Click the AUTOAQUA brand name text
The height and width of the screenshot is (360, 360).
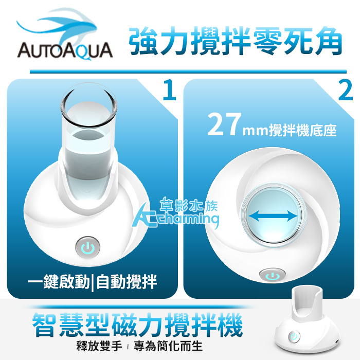65,50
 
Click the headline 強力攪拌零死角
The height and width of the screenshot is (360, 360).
235,41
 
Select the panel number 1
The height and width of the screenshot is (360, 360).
169,90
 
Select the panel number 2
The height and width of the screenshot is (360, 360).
346,90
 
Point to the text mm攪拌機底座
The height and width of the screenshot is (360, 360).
290,130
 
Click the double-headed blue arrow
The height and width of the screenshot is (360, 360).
273,216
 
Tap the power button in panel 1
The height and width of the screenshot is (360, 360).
88,247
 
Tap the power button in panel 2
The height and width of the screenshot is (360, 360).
273,275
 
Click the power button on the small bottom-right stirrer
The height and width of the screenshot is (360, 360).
294,336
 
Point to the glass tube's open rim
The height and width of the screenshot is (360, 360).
89,105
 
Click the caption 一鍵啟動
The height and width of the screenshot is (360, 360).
59,282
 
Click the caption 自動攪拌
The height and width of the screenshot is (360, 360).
127,282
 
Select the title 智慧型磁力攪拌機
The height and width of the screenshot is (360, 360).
137,325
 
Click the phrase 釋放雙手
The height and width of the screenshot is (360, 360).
99,346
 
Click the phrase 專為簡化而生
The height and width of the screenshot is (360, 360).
168,346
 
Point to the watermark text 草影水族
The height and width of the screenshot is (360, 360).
188,204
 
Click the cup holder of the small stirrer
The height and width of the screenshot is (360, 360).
307,301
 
